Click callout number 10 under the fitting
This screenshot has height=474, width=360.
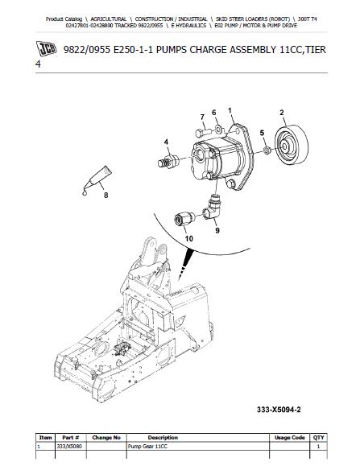pyautogui.click(x=188, y=239)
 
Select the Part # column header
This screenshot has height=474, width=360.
pyautogui.click(x=71, y=438)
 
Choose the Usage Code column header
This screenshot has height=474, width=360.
pyautogui.click(x=288, y=438)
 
